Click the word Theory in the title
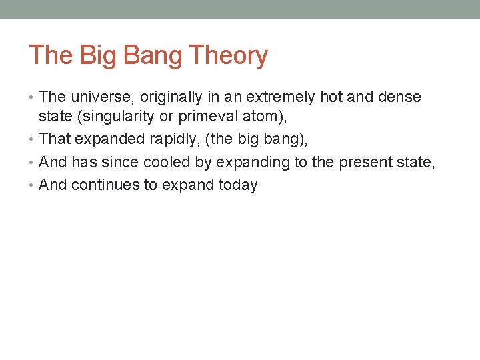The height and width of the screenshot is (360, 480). [229, 55]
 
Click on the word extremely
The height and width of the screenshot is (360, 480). [281, 97]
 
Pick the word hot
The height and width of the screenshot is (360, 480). [331, 97]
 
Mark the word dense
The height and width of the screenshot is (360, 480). [399, 97]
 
